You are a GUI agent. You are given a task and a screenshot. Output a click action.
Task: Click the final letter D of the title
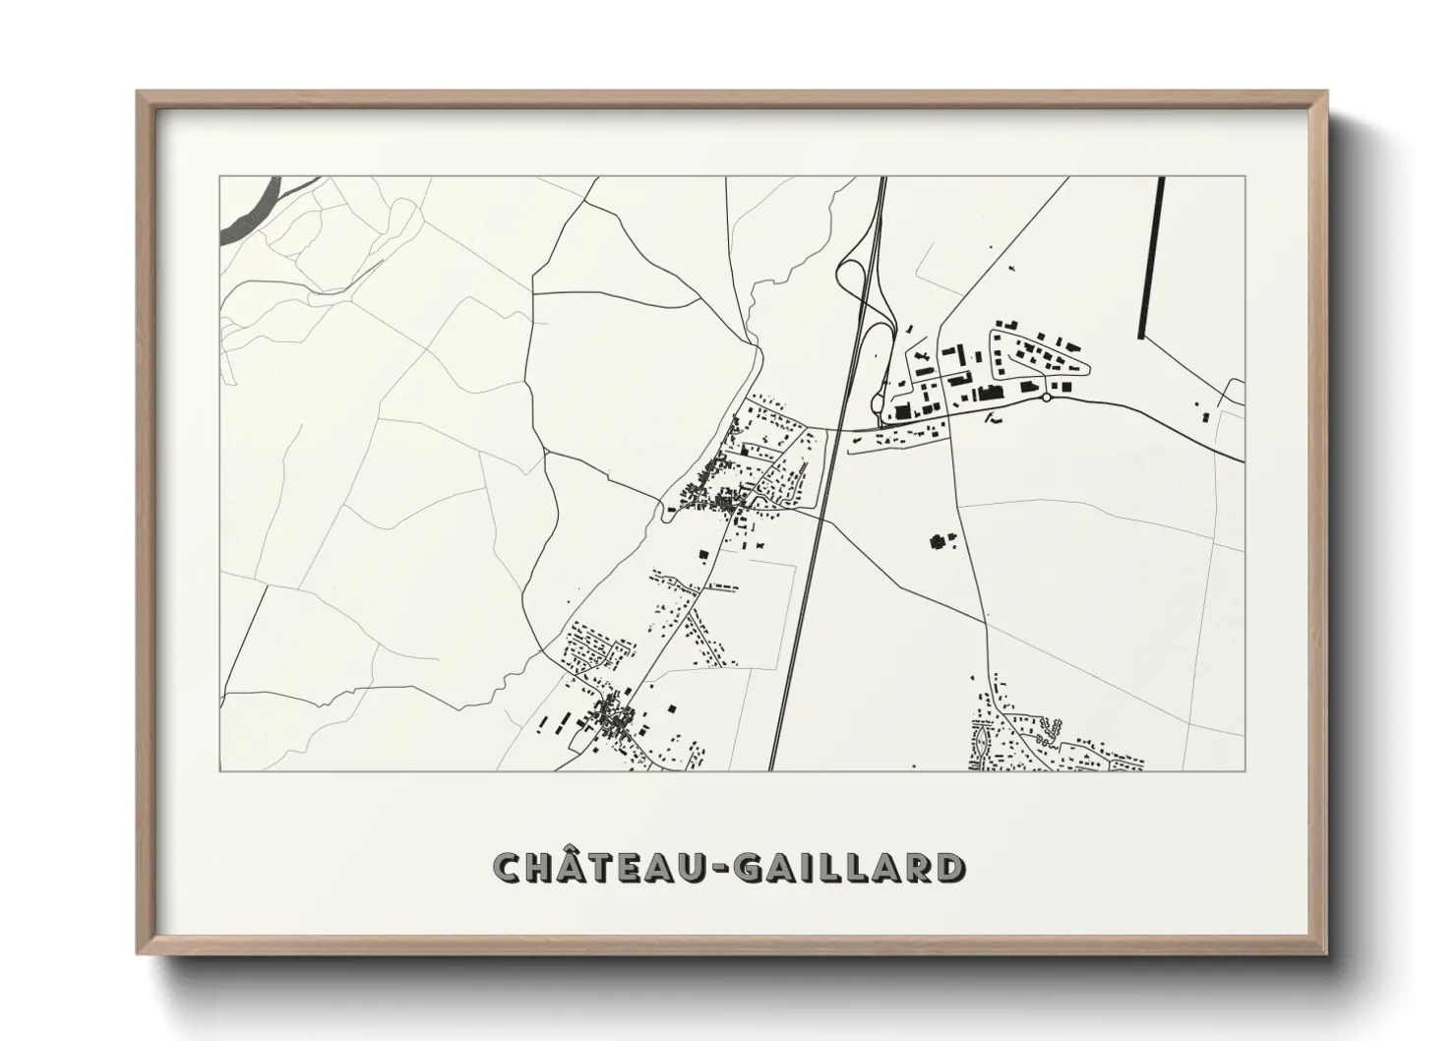[x=948, y=868]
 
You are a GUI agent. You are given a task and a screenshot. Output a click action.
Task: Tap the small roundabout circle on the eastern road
[x=1046, y=398]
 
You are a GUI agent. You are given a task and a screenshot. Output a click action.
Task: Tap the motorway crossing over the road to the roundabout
[x=834, y=429]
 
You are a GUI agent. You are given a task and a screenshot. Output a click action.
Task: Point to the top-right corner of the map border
[x=1244, y=177]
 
